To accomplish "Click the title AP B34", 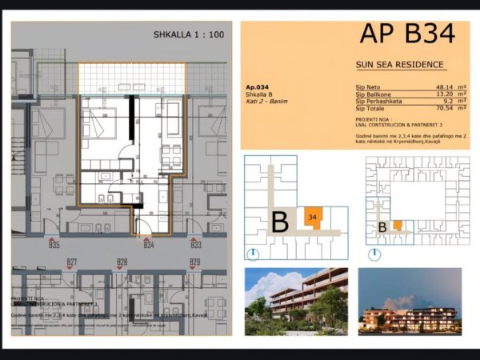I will coord(407,34).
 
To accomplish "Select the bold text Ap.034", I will coord(258,86).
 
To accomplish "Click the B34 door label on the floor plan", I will coord(149,245).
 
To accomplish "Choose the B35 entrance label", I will coord(54,245).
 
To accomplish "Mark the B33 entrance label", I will coord(195,245).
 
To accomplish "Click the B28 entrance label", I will coord(122,262).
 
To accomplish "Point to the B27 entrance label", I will coord(72,262).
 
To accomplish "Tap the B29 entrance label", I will coord(194,262).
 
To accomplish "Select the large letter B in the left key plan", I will coord(279,222).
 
